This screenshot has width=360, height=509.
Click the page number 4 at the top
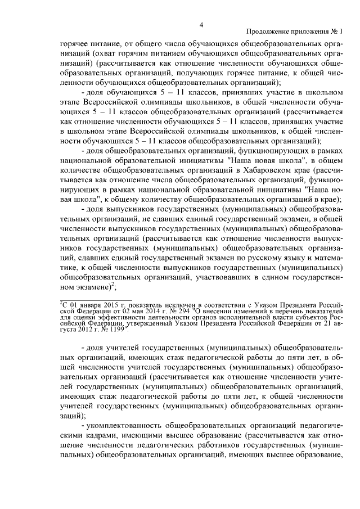[201, 23]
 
